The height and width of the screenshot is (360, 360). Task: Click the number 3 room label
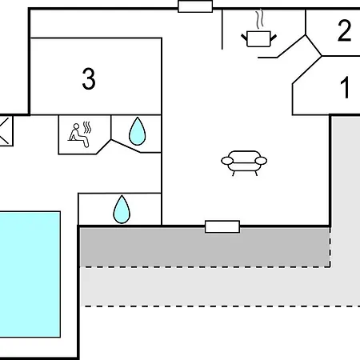coord(89,78)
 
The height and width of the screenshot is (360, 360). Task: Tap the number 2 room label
coord(344,30)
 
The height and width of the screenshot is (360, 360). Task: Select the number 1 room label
coord(345,87)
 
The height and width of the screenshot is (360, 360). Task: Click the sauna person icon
coord(79,135)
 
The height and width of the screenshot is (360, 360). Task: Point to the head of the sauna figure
coord(77,126)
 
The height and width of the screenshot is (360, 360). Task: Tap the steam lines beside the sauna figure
coord(87,128)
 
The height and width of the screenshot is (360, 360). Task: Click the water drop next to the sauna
coord(138,131)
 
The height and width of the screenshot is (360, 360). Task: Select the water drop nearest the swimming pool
coord(122,210)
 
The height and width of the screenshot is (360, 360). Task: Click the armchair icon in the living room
coord(244,163)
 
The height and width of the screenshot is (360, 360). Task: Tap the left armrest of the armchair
coord(227,161)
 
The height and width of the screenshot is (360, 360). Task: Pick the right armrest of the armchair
coord(261,161)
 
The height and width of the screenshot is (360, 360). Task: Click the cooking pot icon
coord(258,39)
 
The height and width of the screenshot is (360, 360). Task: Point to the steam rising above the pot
coord(259,19)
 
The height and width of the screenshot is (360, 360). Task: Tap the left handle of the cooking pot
coord(245,38)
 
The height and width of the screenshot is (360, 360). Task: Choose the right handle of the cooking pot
coord(274,38)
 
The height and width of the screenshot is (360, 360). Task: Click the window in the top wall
coord(195,6)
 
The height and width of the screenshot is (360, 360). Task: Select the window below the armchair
coord(222,226)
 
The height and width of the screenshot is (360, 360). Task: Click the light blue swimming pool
coord(30,274)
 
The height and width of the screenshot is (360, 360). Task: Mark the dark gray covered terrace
coord(205,246)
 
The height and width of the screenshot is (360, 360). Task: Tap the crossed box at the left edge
coord(6,130)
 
